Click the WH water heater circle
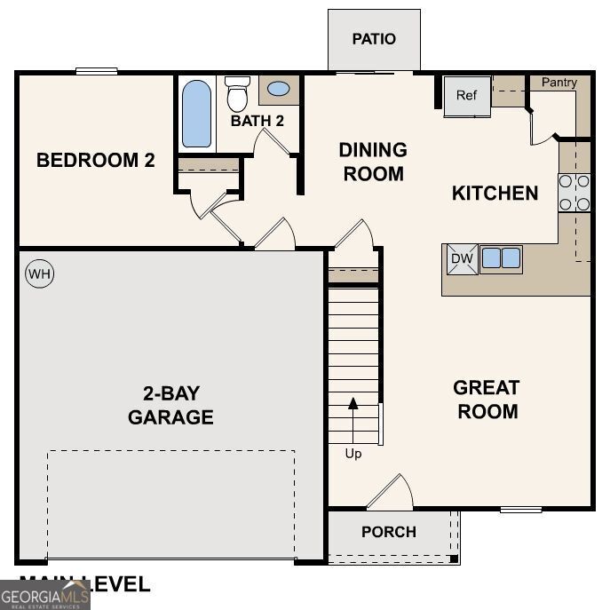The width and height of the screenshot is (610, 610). pos(39,274)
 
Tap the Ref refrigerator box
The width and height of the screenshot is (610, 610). pos(467,96)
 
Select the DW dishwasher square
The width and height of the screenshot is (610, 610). pos(461,258)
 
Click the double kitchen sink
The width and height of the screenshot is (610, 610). pos(501,258)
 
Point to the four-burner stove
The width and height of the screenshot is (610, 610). pos(574,193)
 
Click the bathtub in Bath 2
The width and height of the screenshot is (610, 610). pos(196,114)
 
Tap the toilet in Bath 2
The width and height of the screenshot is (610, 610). pos(237,93)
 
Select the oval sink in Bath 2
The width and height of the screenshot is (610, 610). pos(278,90)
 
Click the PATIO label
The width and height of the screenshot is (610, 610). pos(374,39)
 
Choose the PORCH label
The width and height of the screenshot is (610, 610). pos(388,532)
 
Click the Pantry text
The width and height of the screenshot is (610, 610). pos(559,83)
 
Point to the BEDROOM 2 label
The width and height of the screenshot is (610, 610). pos(96,161)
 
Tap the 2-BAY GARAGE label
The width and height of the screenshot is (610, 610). pos(170,405)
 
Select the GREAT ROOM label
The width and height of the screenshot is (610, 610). pos(486,400)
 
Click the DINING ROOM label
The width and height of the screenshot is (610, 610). pos(373,162)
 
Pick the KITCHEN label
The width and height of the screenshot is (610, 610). pos(495,194)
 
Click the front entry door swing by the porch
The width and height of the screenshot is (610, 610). pos(392,493)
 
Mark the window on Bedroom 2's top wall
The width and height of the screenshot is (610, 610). pos(97,72)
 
